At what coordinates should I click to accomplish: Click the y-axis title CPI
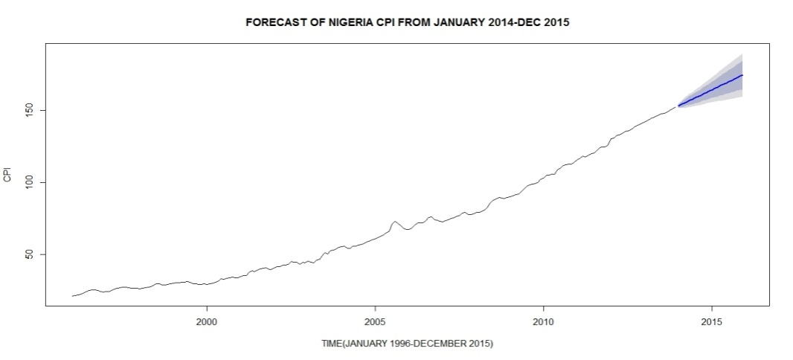7,176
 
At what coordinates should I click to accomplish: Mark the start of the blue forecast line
679,106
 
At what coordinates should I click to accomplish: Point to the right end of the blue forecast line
742,75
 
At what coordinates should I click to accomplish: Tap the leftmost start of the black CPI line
72,296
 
